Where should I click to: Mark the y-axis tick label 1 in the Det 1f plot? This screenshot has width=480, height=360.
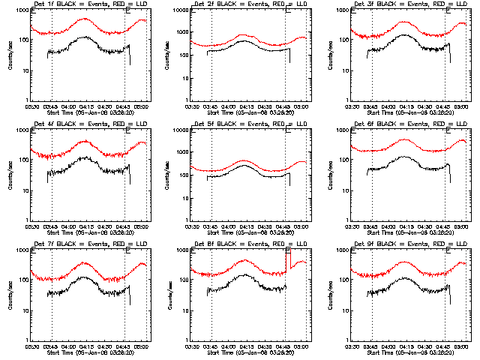click(28, 100)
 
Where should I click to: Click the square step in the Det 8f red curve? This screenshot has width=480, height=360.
click(288, 259)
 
